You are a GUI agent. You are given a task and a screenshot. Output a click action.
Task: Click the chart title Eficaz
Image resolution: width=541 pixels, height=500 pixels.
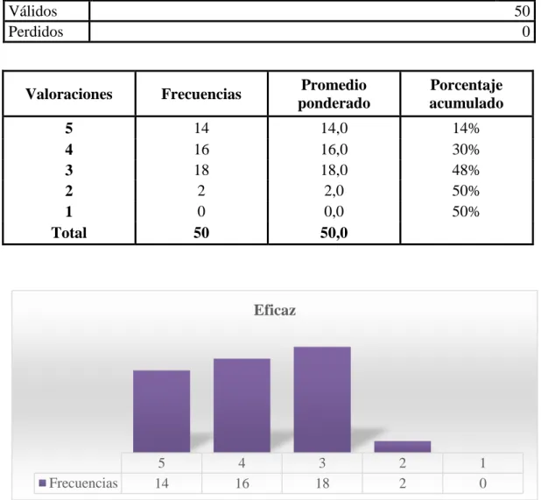click(275, 310)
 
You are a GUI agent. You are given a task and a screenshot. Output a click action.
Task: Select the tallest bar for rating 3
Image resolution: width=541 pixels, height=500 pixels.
click(322, 399)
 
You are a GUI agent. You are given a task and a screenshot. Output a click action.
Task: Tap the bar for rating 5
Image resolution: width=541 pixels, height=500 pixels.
click(161, 411)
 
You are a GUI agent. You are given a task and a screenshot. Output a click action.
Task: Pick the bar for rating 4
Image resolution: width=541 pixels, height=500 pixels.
click(242, 405)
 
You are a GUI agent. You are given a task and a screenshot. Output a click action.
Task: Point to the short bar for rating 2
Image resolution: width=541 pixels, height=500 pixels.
click(403, 447)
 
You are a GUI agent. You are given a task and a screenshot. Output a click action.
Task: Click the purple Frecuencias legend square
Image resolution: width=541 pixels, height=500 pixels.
click(42, 482)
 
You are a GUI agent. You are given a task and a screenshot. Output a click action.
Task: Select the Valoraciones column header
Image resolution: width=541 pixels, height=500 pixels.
click(69, 94)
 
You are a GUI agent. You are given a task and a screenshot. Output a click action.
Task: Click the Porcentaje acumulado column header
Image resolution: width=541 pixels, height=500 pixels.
click(467, 94)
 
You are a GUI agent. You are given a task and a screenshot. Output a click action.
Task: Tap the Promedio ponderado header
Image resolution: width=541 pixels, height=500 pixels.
click(334, 94)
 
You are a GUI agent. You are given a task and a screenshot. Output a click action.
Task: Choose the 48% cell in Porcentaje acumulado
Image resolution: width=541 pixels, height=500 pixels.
click(466, 170)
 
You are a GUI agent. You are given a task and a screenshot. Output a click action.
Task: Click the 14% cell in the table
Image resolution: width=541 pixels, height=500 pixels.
click(466, 129)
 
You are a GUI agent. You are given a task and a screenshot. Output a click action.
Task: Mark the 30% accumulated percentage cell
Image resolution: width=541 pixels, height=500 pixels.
click(466, 150)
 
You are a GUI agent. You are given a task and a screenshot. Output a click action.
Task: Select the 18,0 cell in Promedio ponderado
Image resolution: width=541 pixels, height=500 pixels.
click(334, 170)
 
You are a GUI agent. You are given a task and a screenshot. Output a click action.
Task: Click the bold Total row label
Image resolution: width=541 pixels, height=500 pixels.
click(69, 233)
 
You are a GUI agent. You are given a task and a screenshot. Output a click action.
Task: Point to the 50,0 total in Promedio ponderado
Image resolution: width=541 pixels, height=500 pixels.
click(334, 233)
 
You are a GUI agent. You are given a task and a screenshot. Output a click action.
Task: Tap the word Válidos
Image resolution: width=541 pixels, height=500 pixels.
click(32, 11)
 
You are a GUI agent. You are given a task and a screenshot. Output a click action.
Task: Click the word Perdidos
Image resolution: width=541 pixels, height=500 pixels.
click(36, 32)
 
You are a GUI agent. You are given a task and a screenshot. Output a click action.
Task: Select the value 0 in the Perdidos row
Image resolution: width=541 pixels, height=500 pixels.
click(526, 32)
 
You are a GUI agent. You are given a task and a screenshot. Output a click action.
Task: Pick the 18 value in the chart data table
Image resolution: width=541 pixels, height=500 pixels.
click(322, 483)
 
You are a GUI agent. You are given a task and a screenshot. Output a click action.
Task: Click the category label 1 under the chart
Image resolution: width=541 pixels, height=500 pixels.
click(482, 462)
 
